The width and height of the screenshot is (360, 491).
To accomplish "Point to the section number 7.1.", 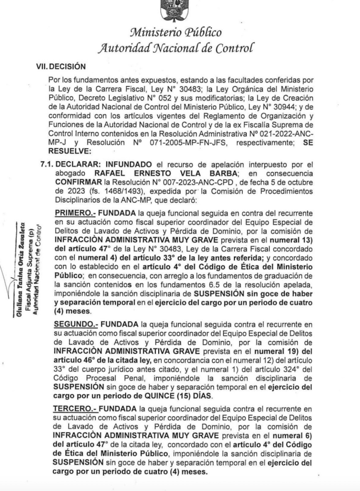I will tap(48, 163).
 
